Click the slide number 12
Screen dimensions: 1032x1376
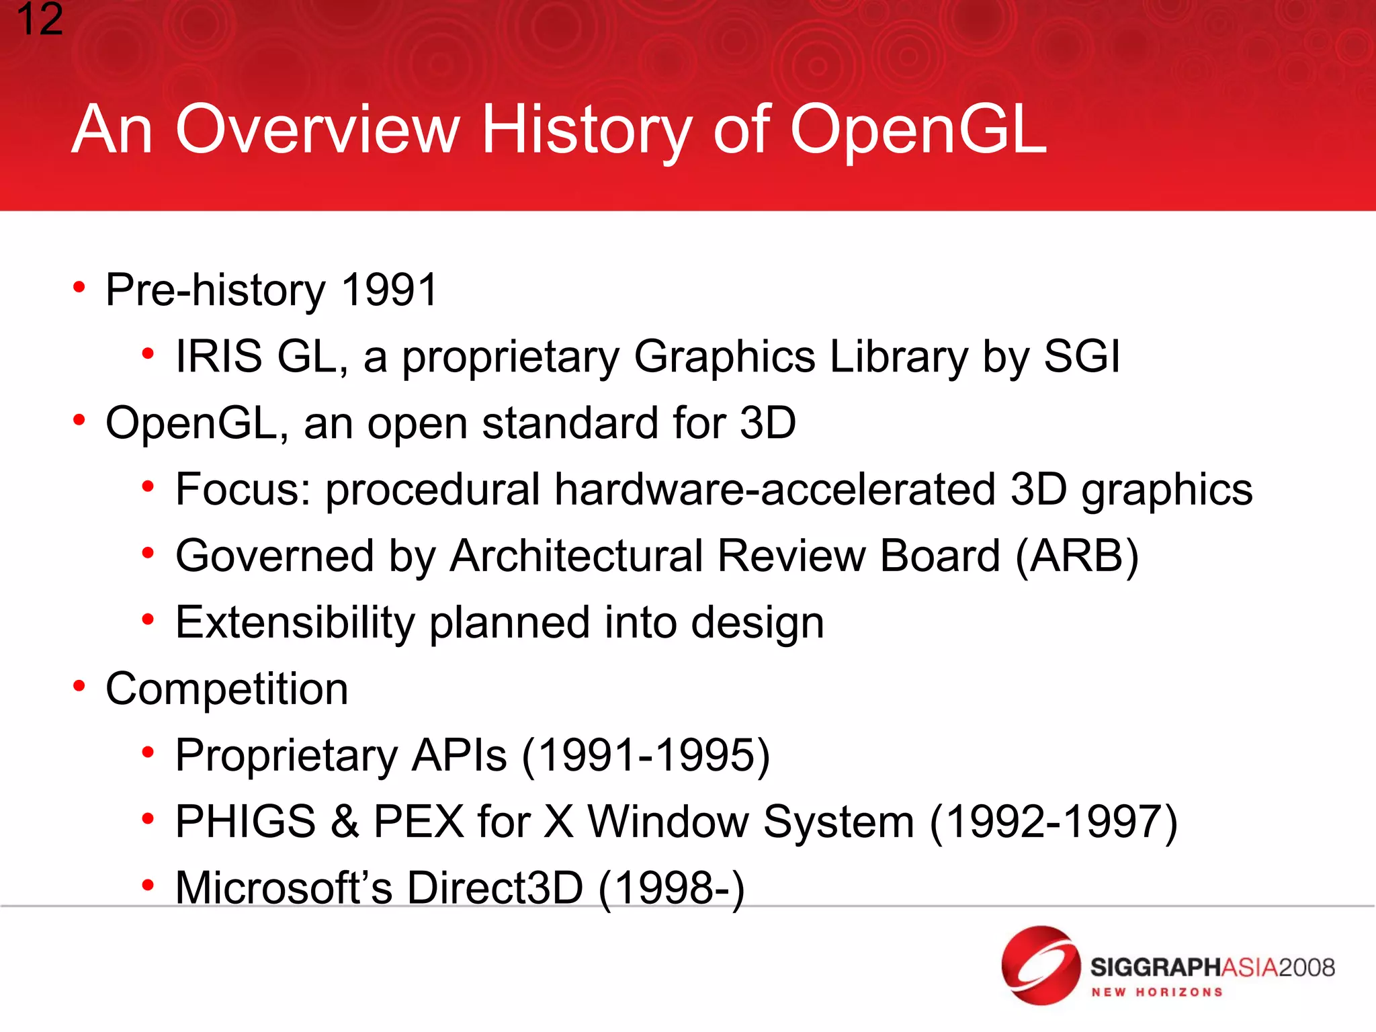39,20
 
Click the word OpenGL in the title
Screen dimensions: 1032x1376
918,130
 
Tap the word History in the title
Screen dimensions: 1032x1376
587,130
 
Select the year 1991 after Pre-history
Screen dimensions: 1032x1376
389,290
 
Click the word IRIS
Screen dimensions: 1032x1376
218,356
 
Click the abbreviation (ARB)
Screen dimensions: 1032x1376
1077,556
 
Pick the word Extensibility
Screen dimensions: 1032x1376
295,622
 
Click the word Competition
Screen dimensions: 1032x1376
227,689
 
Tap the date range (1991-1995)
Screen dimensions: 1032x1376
646,755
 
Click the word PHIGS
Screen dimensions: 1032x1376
245,821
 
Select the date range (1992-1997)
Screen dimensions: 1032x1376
1053,821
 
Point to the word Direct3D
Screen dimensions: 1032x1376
495,888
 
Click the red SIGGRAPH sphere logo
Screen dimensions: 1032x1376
1039,965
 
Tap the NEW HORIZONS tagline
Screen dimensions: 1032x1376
1156,992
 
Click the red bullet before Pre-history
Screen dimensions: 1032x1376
79,288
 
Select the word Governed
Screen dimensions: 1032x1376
274,556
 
